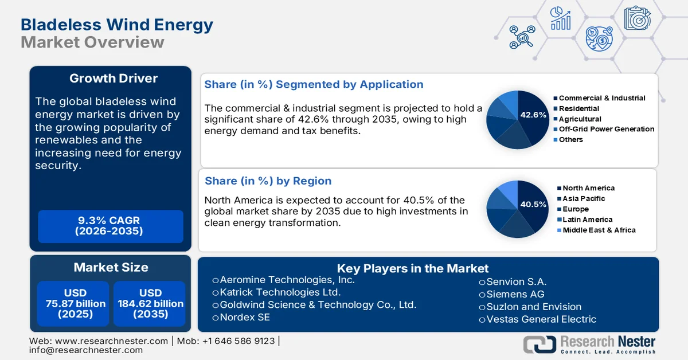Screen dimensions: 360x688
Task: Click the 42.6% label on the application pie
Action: pos(533,115)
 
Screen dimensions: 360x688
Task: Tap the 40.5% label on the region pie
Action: pos(533,204)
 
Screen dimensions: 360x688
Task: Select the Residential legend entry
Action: pos(578,108)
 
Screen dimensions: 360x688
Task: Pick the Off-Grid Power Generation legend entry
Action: pos(606,129)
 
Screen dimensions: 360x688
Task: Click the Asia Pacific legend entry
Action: pos(583,198)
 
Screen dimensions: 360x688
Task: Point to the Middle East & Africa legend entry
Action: pos(599,230)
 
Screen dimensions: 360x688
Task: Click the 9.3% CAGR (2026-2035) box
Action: pos(110,226)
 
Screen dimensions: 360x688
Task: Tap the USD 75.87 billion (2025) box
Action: pos(76,304)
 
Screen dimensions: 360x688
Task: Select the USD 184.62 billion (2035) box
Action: pos(150,304)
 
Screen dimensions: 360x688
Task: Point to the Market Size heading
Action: pos(111,267)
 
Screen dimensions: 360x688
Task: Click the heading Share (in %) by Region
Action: pos(268,181)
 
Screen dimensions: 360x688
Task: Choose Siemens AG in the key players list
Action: pos(515,294)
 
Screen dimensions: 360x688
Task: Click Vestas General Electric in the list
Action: pos(541,319)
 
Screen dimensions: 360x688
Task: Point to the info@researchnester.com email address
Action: pos(86,350)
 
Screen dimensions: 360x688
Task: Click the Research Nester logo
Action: pos(589,344)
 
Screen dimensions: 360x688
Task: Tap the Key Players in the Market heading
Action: pos(412,268)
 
